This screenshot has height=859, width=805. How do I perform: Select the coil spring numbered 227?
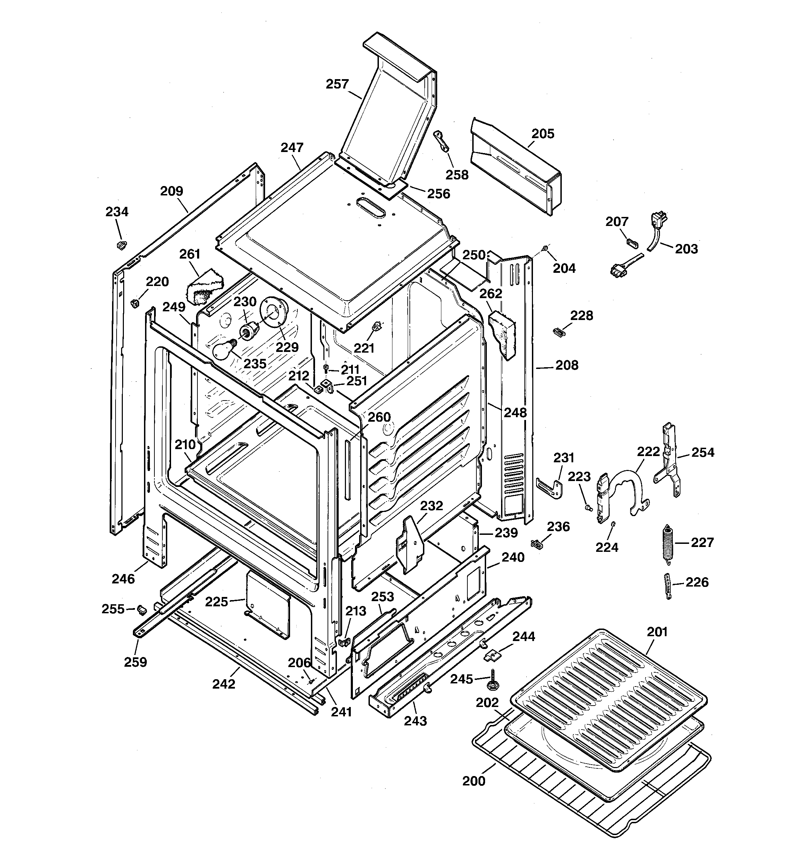point(668,543)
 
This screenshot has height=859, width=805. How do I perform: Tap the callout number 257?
point(337,84)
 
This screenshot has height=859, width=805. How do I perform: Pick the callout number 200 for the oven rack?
point(474,781)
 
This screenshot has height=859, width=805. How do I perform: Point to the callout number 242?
point(224,684)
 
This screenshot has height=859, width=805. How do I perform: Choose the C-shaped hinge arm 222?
point(629,490)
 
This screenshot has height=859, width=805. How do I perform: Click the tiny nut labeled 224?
point(613,524)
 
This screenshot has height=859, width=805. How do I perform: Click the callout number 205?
point(542,134)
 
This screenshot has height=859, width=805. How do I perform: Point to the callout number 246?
point(123,578)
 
